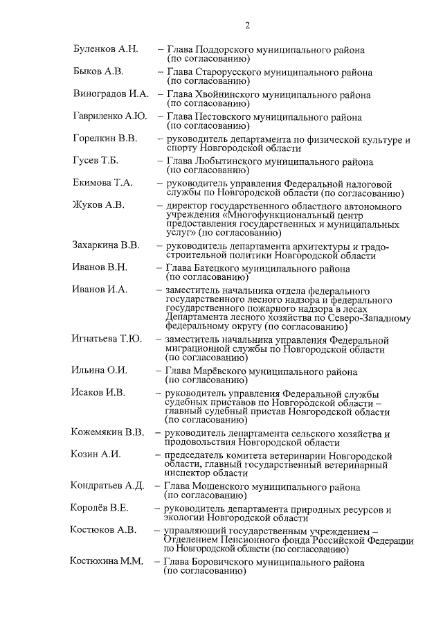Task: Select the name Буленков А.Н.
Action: (106, 50)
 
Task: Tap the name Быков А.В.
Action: (98, 71)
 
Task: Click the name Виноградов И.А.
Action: (111, 94)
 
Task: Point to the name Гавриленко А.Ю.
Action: (109, 116)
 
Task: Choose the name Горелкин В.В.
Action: (105, 138)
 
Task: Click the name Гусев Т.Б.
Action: (96, 160)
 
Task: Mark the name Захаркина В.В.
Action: (106, 245)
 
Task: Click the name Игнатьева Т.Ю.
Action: (107, 339)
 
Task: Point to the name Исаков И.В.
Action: (98, 392)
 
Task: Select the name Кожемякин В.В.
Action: (107, 432)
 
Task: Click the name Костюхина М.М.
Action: (107, 560)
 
